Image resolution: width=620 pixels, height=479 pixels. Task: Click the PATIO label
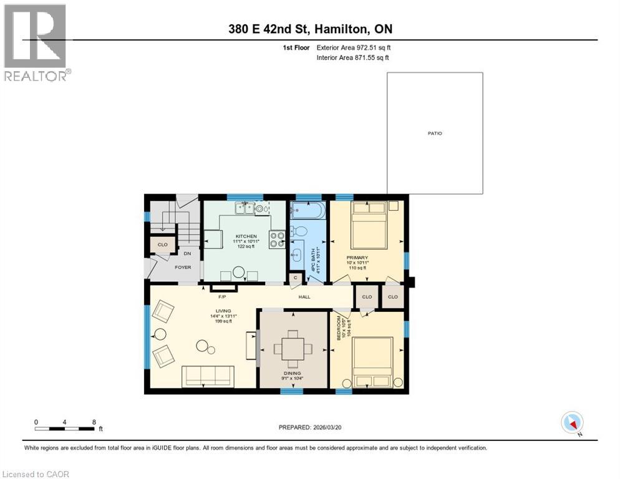(x=435, y=133)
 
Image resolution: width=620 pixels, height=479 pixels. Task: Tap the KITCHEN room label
(x=246, y=236)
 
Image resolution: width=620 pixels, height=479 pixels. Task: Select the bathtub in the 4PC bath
(x=307, y=210)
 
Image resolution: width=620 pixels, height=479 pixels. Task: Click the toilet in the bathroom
(x=299, y=231)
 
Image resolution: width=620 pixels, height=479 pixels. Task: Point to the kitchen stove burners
(x=276, y=239)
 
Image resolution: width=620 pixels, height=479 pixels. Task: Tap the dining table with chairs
(x=293, y=348)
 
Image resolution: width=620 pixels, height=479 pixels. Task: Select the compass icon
(x=572, y=422)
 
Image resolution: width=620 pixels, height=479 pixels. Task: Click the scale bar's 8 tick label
(x=94, y=422)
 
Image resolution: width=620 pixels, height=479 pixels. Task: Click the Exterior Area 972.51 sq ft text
(x=353, y=47)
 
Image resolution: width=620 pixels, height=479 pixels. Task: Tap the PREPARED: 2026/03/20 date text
(x=311, y=427)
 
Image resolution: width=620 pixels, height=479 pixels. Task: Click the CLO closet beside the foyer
(x=162, y=244)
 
